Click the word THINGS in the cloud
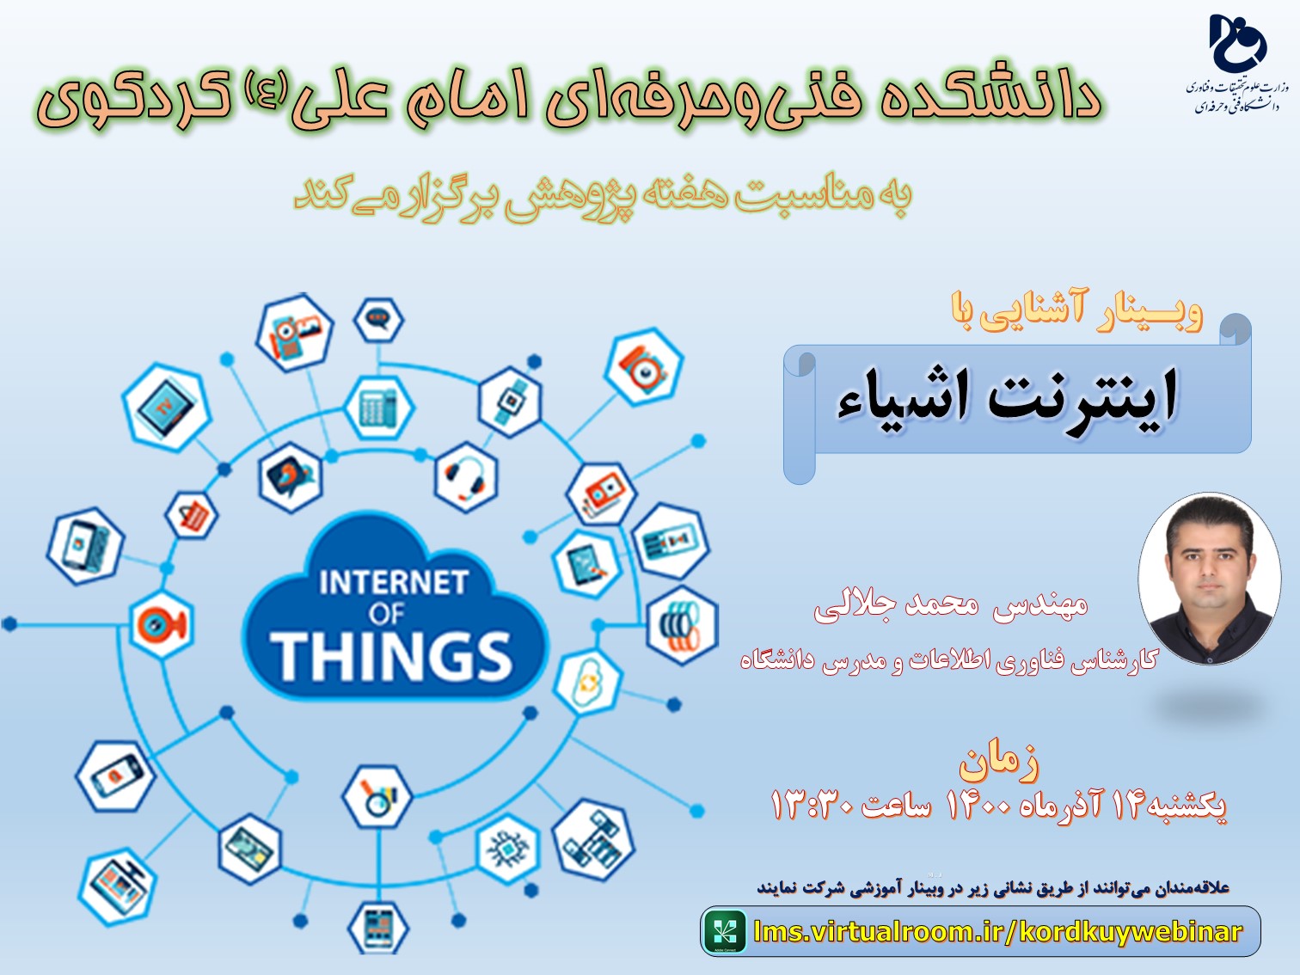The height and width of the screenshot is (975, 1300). (391, 656)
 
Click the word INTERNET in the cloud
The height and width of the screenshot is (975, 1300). (394, 583)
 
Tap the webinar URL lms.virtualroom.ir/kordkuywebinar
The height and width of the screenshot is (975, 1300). (997, 932)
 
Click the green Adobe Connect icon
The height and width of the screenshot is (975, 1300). (725, 932)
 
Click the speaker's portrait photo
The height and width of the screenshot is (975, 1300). (1210, 579)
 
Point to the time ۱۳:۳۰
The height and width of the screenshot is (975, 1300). (812, 806)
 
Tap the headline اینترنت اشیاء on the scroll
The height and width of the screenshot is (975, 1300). (1007, 396)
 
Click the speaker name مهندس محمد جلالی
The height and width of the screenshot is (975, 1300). (951, 605)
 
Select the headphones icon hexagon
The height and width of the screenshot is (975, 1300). (466, 477)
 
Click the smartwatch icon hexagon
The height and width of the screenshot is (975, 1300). (510, 402)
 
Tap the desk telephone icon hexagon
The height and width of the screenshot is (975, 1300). (379, 407)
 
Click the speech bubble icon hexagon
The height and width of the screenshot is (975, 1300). (378, 320)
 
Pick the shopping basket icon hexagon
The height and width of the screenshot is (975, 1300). (191, 515)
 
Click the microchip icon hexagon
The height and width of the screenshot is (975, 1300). (508, 849)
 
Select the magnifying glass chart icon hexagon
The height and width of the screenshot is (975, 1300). (377, 796)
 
